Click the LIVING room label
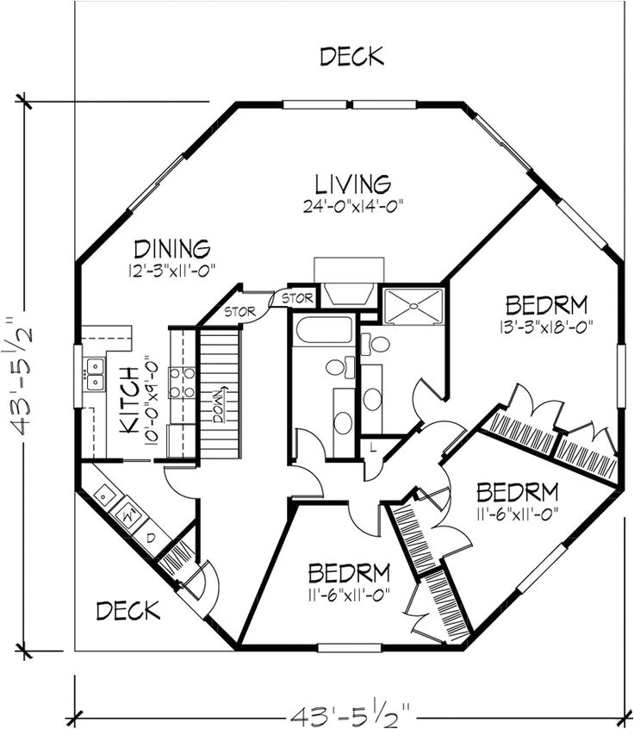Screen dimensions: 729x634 [352, 184]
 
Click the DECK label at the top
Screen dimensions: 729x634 [351, 57]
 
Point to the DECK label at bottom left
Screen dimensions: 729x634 [127, 611]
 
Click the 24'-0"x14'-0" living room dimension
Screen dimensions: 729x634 [352, 205]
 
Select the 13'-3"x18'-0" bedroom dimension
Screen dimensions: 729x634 [546, 327]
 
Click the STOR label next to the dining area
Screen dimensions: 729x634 [240, 311]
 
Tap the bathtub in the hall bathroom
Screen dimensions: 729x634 [323, 331]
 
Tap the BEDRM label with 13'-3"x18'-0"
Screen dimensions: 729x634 [546, 305]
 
